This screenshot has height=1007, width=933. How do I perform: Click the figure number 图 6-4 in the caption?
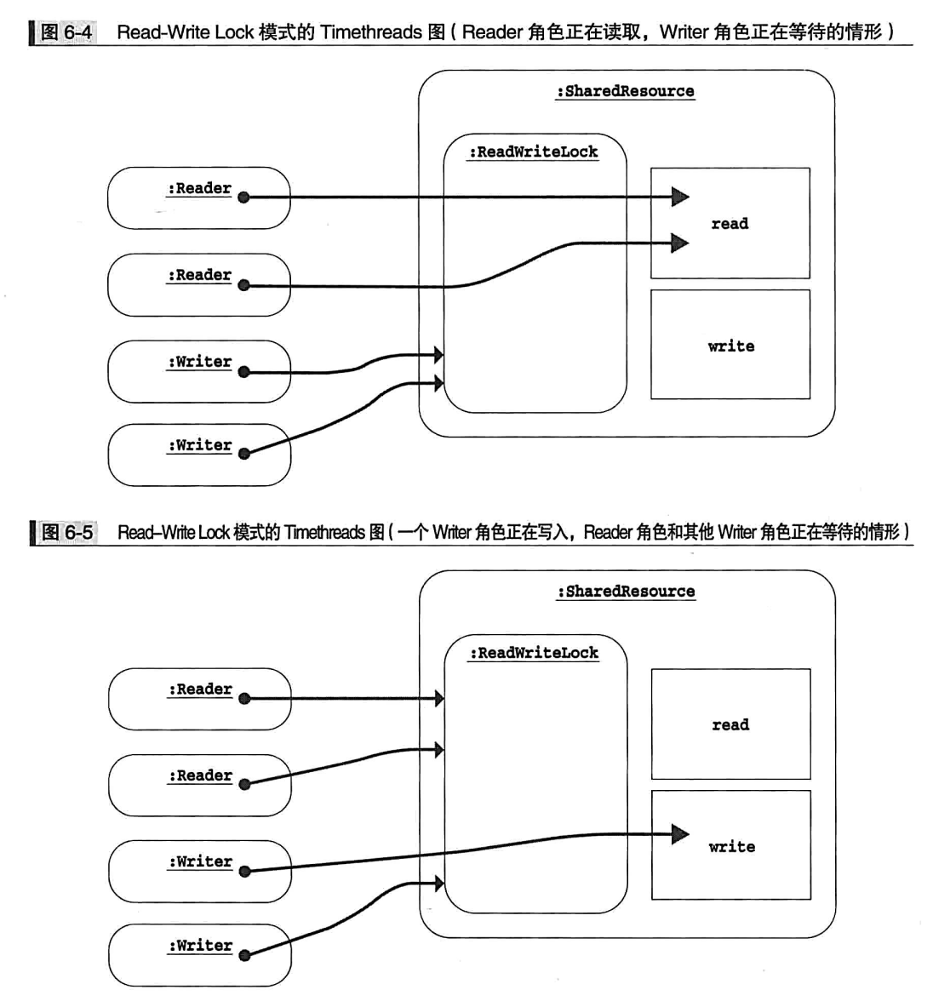click(x=66, y=32)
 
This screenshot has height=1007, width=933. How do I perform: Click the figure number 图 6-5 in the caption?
click(x=66, y=533)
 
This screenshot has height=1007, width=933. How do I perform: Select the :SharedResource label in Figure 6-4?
click(x=626, y=91)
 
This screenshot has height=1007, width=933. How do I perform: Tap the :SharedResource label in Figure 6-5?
click(x=627, y=592)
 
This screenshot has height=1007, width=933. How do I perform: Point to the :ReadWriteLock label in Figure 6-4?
click(x=534, y=152)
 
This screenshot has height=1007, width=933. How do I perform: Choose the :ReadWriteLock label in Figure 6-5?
click(x=535, y=653)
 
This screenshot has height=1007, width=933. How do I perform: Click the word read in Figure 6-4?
click(x=730, y=224)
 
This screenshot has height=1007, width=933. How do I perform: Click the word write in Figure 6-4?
click(x=730, y=346)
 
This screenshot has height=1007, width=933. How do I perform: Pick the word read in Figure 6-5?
click(x=730, y=725)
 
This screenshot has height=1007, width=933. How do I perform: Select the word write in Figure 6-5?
click(x=731, y=847)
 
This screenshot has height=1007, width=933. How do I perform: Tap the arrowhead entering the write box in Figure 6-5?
click(x=679, y=834)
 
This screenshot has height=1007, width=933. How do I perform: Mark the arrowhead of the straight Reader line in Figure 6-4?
click(x=679, y=197)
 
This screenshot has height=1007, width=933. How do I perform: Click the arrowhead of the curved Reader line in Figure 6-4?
click(x=679, y=243)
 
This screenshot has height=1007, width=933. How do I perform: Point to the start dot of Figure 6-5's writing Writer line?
click(x=244, y=872)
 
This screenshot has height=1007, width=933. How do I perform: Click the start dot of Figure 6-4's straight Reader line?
click(x=243, y=197)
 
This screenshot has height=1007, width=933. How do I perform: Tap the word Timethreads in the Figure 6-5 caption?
click(x=324, y=533)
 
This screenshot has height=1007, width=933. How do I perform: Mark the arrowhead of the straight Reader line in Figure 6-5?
click(x=439, y=699)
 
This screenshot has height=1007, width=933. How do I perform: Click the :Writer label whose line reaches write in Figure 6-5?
click(x=200, y=861)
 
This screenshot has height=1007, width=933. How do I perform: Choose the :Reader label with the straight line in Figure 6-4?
click(x=199, y=188)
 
